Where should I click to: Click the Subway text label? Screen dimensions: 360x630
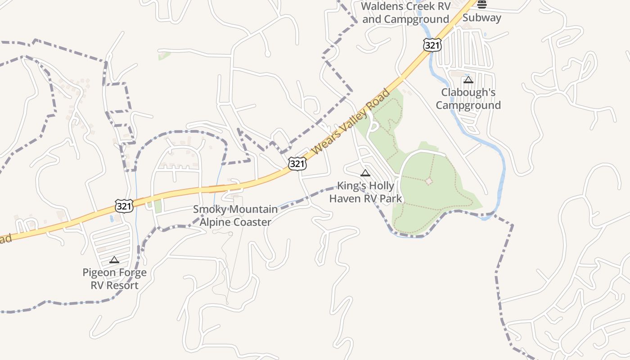point(481,18)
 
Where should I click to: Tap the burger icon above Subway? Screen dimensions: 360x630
point(482,4)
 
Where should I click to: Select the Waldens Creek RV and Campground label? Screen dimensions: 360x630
point(405,13)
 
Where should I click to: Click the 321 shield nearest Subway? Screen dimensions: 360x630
point(432,45)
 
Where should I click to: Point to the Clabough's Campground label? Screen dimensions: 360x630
point(468,99)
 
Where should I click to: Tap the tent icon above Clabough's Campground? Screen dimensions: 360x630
point(468,80)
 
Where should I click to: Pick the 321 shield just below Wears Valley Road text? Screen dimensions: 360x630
point(297,164)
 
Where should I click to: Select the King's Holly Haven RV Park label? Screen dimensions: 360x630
point(365,192)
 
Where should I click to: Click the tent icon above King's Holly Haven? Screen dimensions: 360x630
point(365,173)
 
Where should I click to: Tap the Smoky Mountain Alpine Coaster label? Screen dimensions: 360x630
point(235,216)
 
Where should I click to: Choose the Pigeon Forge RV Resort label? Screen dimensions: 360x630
point(114,279)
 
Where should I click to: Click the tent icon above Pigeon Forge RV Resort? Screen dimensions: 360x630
point(114,260)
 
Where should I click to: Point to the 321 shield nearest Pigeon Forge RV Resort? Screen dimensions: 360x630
point(124,206)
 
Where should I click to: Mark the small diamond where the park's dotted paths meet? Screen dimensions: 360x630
point(429,181)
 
